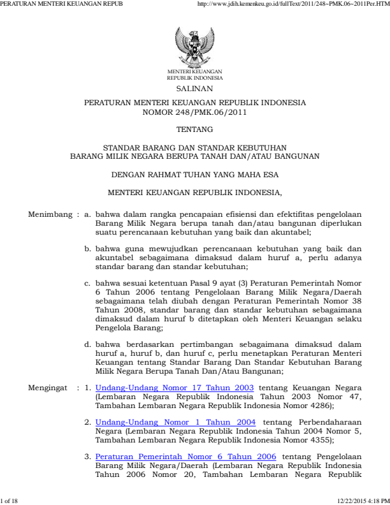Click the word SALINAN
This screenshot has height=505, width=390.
[x=194, y=90]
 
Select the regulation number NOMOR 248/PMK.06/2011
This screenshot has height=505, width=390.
[x=194, y=112]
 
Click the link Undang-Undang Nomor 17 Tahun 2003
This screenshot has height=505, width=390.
[x=175, y=388]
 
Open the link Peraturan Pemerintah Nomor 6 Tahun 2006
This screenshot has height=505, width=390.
[x=185, y=457]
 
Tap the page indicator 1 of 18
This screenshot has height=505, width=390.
[x=11, y=501]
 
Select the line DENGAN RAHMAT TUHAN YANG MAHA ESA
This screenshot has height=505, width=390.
[x=194, y=173]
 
